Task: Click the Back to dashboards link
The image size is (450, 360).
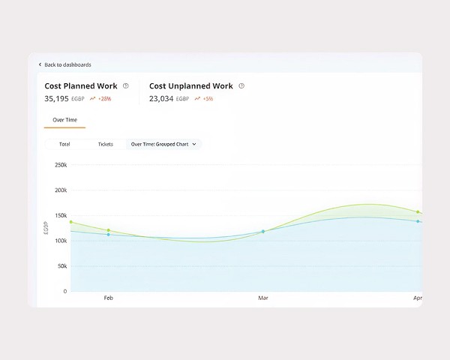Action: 66,64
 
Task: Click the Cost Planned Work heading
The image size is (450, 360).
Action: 80,86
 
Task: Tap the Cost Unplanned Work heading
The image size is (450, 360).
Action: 190,86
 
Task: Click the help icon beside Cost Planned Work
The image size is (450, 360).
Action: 126,86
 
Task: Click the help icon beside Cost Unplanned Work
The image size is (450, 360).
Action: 242,86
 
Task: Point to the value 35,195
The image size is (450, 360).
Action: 56,99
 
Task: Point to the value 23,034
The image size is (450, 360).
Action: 161,99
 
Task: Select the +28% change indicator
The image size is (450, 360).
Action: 100,99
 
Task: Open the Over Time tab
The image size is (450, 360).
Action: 64,120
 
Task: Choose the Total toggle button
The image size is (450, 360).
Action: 64,143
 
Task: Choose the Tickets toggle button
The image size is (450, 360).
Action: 106,143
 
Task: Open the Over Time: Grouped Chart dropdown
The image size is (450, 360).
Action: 163,143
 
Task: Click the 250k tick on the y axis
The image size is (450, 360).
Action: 61,164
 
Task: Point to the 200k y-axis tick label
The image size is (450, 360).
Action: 61,190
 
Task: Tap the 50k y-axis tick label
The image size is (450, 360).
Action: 62,266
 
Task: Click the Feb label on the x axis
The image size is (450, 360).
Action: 108,298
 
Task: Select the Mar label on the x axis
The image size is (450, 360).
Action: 263,298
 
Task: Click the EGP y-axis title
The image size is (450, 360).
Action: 46,227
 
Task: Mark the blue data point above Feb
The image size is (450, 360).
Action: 109,235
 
